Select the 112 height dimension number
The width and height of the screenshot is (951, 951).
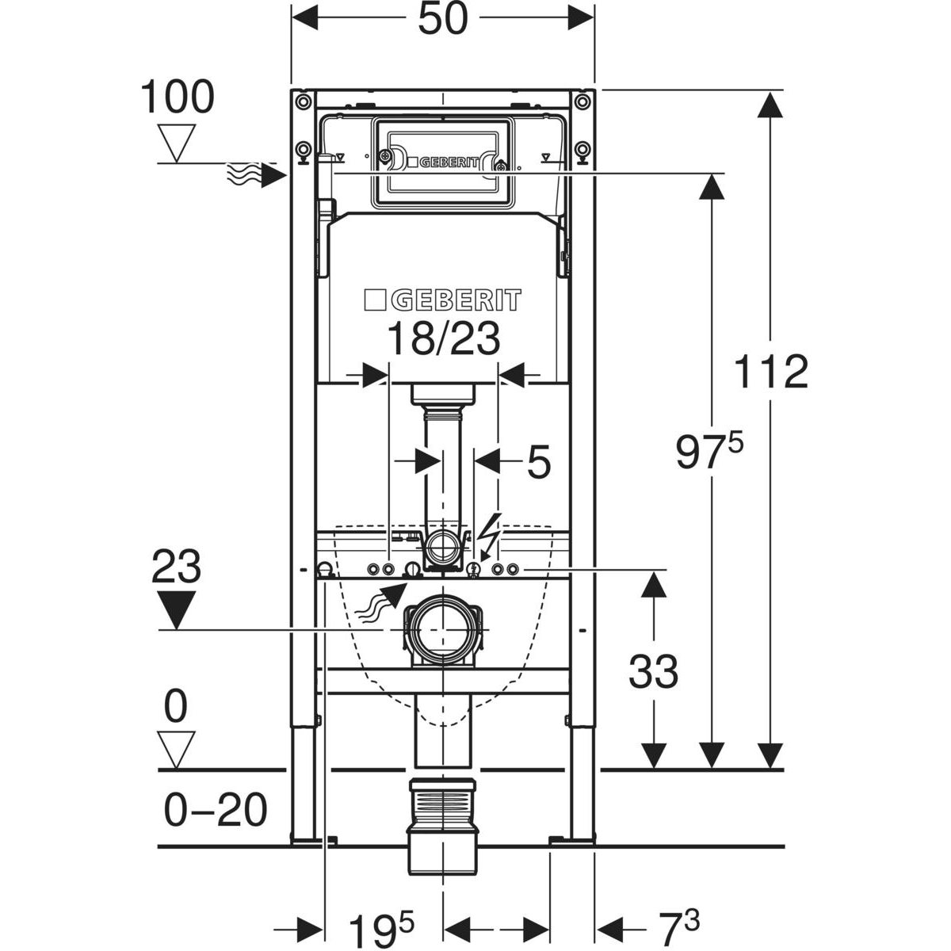click(770, 372)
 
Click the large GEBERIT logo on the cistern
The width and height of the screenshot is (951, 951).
click(442, 300)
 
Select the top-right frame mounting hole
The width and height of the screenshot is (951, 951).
click(582, 101)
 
